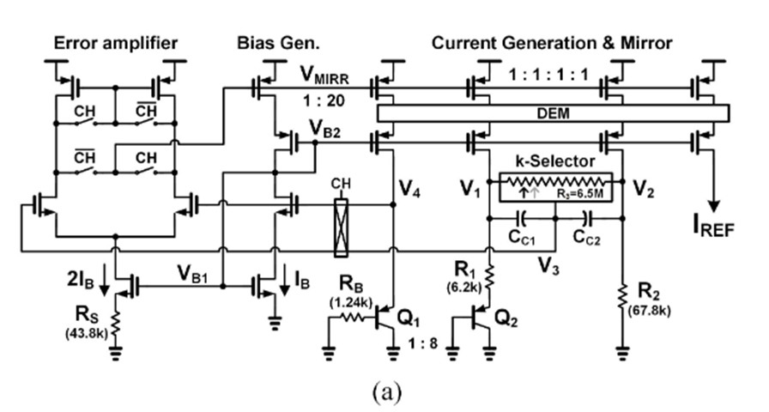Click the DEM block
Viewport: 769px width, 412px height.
[554, 113]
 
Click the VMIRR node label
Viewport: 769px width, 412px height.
[324, 78]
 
